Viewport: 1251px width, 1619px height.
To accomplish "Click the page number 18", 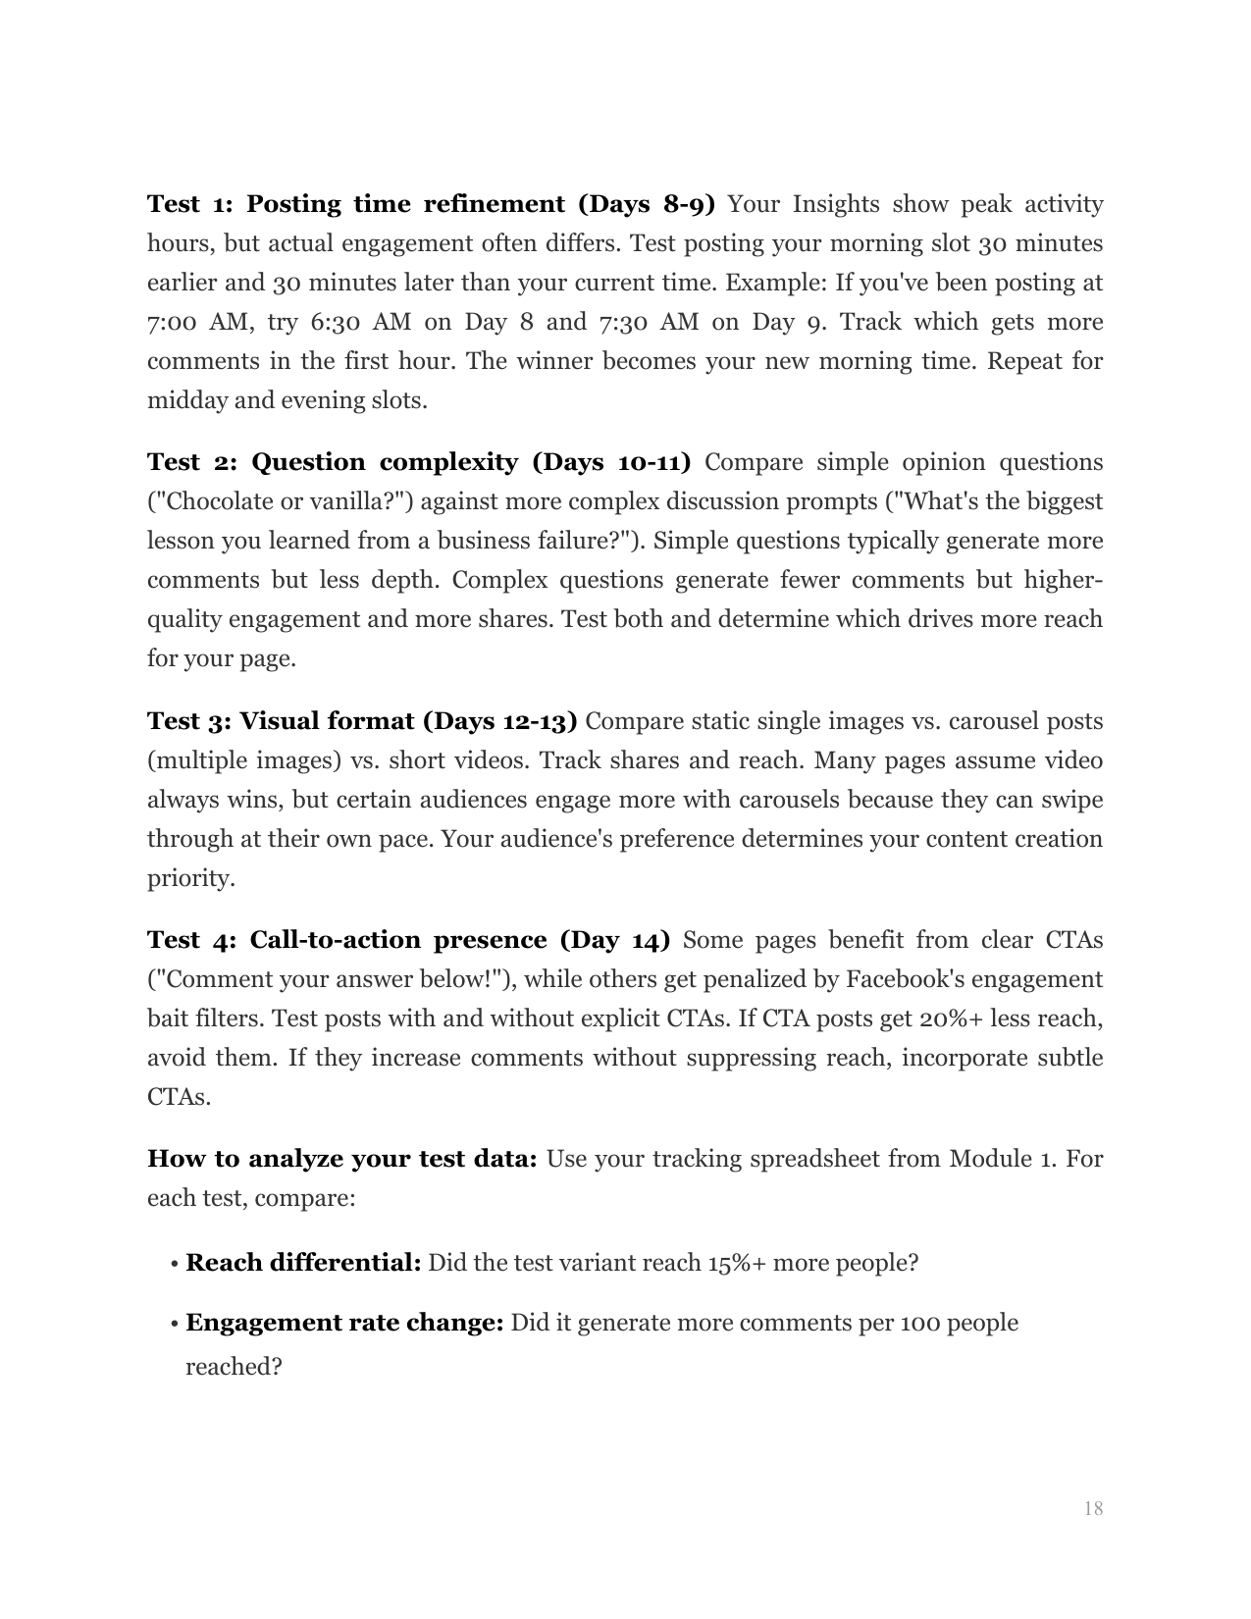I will click(1093, 1508).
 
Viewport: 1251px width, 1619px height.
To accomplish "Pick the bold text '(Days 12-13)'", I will click(499, 721).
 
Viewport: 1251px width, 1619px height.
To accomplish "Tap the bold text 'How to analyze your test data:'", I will click(341, 1159).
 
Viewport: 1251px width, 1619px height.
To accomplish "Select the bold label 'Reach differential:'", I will click(303, 1262).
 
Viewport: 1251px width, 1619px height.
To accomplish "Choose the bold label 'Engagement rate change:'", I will click(344, 1323).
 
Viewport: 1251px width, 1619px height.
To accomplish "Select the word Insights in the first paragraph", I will click(837, 204).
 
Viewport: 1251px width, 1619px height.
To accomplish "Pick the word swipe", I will click(1070, 800).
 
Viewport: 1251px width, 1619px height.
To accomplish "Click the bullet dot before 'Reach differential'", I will click(174, 1264).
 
